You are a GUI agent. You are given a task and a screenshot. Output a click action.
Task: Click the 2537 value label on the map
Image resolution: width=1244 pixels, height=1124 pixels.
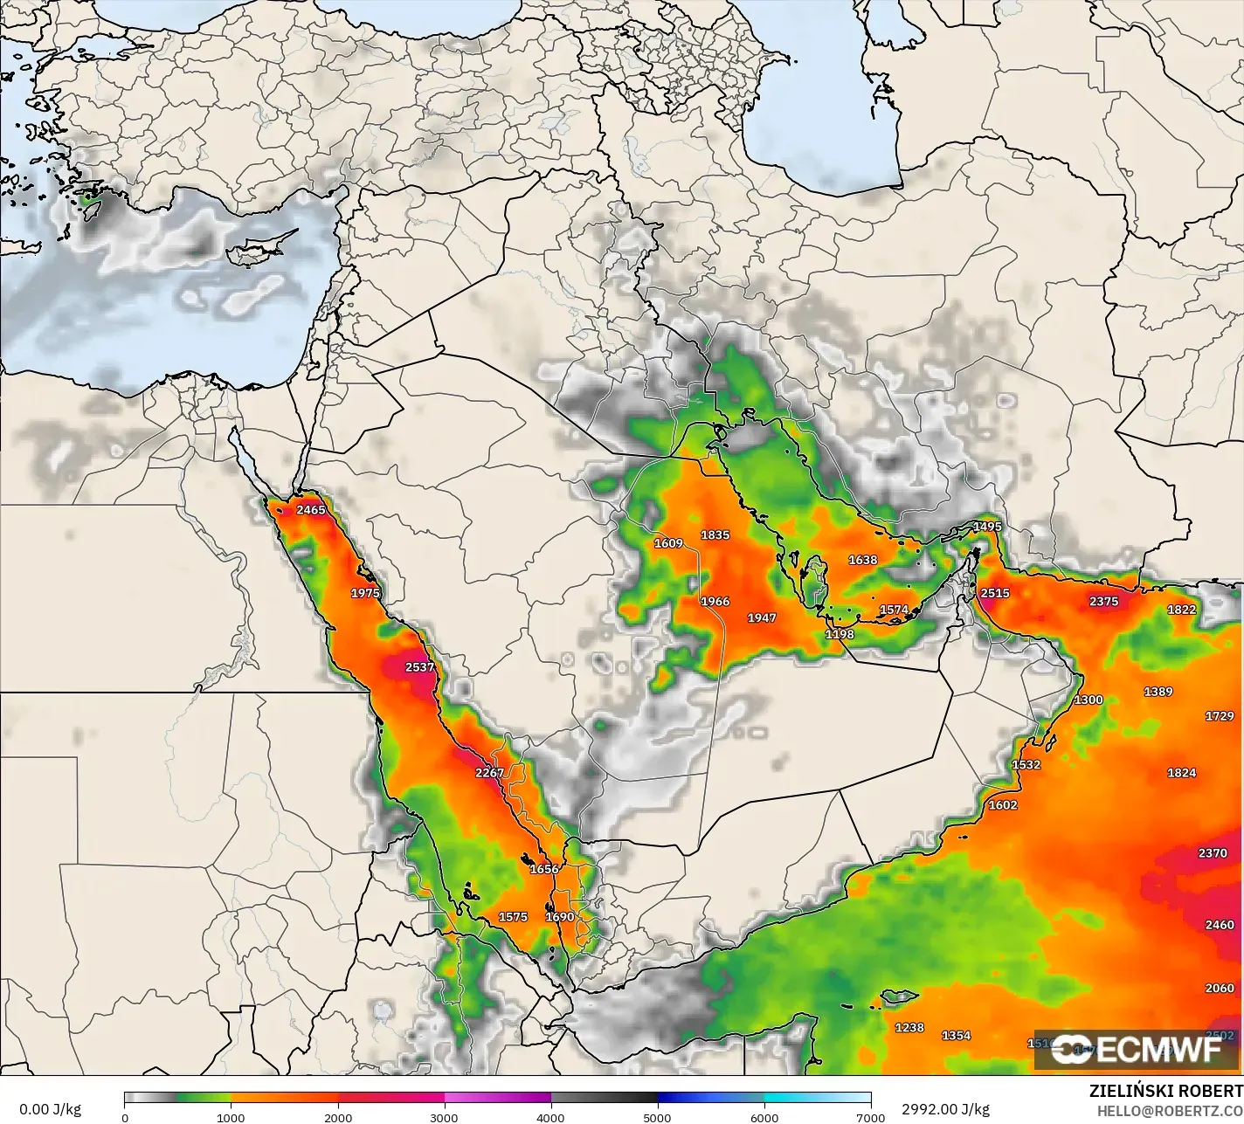(x=419, y=667)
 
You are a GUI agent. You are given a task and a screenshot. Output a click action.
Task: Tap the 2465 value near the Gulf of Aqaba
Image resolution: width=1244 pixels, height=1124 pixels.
(x=311, y=510)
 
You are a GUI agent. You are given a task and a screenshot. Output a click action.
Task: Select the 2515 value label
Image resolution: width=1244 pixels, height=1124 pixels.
(x=995, y=593)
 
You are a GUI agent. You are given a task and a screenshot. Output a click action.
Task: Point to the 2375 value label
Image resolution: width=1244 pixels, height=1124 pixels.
(x=1104, y=601)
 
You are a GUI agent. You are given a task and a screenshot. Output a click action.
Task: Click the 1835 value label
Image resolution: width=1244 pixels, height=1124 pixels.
(x=715, y=534)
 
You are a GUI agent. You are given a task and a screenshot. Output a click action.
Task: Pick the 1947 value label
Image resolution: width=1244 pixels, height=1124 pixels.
(x=761, y=617)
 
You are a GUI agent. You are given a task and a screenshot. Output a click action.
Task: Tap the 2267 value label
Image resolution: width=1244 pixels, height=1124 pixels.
(x=489, y=773)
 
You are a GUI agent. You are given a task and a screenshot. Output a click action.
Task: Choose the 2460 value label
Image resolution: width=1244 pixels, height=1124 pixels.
(x=1220, y=925)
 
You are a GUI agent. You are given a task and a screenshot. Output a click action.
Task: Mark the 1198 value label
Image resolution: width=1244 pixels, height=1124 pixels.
(x=840, y=634)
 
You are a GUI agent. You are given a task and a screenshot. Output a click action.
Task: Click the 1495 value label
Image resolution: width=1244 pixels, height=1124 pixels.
(x=987, y=527)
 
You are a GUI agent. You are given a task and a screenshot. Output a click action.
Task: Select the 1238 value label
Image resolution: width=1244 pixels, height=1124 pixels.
(x=909, y=1027)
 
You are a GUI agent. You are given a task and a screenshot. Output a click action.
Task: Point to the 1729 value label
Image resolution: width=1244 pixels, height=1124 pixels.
(x=1220, y=716)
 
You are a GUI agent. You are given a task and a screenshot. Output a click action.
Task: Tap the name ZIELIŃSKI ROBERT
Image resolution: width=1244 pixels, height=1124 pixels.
(x=1165, y=1091)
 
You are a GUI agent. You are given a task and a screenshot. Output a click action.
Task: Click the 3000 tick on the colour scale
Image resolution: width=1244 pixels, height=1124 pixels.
(x=445, y=1116)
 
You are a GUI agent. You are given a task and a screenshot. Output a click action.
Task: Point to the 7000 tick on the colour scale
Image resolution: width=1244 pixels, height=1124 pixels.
(x=870, y=1116)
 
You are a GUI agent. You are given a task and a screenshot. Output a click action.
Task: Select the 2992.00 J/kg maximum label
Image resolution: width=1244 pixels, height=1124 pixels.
(x=934, y=1109)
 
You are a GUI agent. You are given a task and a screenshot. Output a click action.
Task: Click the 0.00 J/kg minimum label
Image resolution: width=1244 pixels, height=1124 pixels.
(x=50, y=1109)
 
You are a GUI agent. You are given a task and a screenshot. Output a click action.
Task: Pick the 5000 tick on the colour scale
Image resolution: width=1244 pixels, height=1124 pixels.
(x=657, y=1116)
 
